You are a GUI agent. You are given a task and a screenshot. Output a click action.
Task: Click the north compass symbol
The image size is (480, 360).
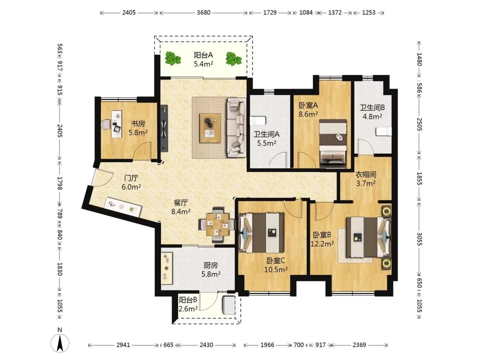[61, 341]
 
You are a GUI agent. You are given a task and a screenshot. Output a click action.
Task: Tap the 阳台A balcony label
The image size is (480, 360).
[203, 55]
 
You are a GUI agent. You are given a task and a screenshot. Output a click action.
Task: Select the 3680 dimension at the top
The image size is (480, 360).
[204, 13]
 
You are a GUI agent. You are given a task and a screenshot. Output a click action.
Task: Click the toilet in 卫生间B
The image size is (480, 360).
[383, 131]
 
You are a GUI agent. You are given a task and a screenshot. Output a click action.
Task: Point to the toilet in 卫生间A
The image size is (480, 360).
[257, 121]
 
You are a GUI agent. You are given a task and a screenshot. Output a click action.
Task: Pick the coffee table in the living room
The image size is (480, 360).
[210, 128]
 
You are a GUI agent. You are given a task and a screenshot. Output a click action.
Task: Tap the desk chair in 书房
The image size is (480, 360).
[106, 125]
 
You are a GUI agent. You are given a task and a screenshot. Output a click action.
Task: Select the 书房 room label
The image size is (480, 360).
[138, 124]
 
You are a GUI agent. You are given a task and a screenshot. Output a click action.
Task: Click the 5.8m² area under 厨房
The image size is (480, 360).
[211, 274]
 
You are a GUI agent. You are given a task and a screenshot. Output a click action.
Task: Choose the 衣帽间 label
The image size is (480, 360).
[366, 175]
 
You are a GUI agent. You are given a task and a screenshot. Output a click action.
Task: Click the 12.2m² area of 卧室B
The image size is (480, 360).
[322, 244]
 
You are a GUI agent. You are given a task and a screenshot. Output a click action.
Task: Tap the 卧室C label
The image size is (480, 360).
[276, 261]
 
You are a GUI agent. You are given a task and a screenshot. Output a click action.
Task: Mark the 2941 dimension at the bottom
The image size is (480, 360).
[123, 345]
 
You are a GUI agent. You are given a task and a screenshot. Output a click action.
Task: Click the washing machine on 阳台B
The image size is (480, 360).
[229, 305]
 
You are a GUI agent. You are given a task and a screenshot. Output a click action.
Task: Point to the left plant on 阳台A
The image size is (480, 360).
[173, 58]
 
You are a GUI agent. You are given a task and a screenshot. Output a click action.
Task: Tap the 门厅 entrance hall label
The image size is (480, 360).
[131, 178]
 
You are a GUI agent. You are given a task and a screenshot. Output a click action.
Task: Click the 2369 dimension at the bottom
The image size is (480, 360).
[359, 345]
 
